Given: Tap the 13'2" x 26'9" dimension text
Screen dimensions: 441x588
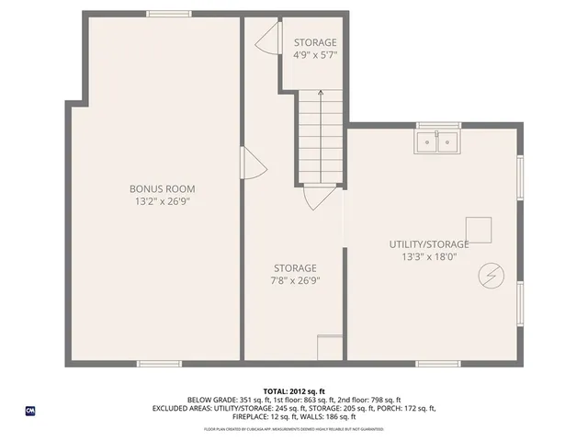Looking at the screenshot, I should pos(162,200).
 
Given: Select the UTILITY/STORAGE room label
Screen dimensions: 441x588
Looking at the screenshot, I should pos(429,243).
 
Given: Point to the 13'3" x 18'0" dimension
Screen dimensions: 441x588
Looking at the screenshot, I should pos(429,256).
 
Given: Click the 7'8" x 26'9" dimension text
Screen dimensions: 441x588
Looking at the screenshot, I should pos(294,280).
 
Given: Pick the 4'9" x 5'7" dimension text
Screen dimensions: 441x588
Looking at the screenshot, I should pos(315,55).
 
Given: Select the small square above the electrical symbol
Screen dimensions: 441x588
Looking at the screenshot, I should pos(478,228).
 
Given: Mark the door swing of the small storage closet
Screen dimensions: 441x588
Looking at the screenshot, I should pos(266,39).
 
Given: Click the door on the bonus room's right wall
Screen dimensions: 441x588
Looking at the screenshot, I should pos(252,165).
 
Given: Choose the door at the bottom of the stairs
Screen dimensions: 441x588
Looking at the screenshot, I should pos(317,198).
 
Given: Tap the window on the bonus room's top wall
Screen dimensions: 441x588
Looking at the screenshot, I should pos(169,13).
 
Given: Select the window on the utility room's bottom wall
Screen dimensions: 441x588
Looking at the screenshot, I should pos(438,364).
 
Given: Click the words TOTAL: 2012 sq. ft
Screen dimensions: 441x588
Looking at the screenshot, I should pos(294,390).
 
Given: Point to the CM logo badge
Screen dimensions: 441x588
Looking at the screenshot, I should pos(30,411).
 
